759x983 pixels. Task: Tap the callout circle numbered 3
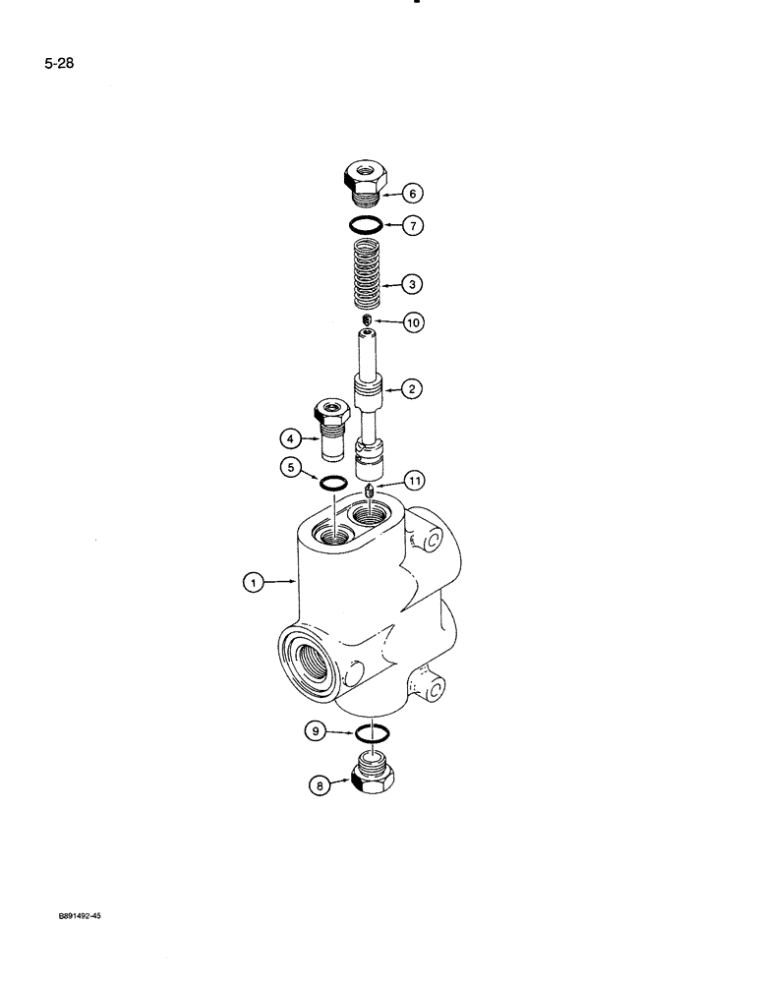pos(413,285)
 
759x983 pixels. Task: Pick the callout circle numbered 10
pos(414,322)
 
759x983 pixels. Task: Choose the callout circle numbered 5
pos(291,469)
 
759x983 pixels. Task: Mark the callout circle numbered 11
pos(414,480)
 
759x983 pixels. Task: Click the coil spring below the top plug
pos(365,278)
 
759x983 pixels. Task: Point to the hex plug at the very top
pos(365,180)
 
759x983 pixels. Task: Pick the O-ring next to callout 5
pos(333,482)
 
